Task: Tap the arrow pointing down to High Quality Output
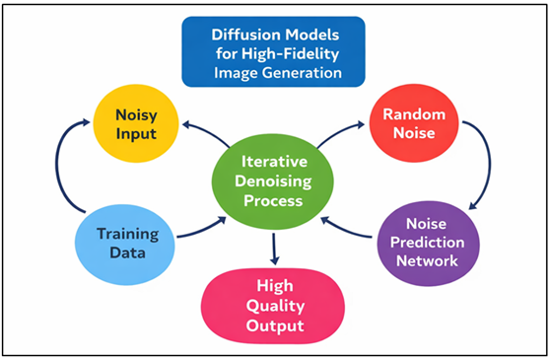coord(274,247)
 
